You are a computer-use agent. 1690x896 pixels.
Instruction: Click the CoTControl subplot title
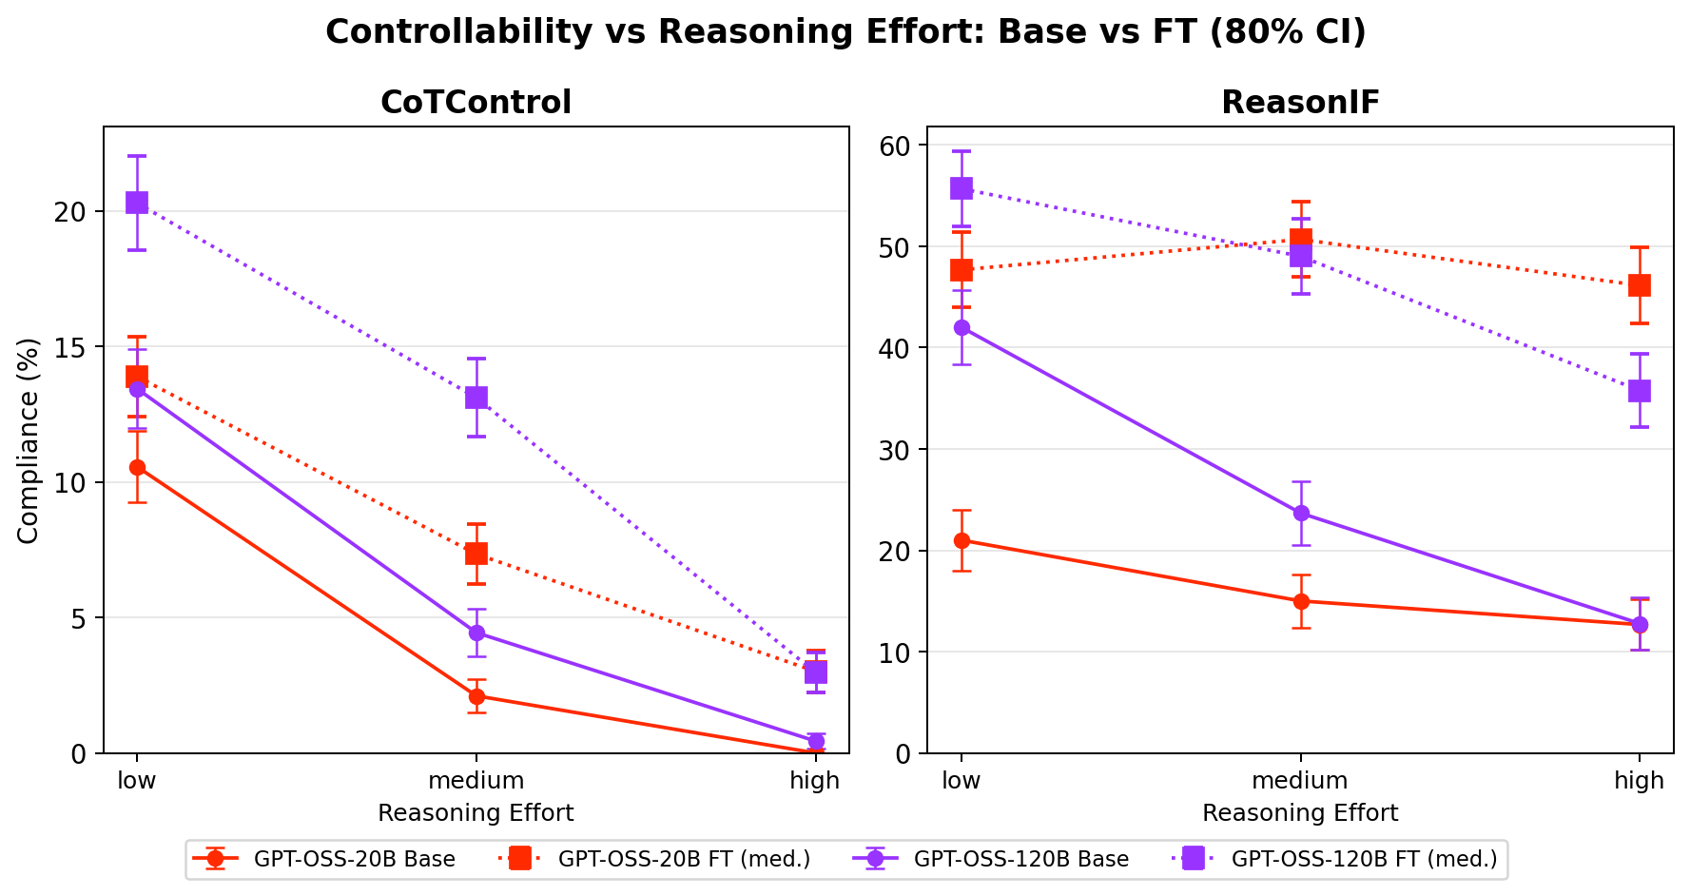[476, 103]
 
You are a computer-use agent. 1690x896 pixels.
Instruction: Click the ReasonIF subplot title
[1300, 103]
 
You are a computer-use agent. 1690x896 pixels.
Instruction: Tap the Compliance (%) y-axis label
[29, 440]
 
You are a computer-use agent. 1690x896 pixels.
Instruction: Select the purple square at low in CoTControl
[137, 203]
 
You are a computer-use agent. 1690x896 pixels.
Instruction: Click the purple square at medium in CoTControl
[476, 397]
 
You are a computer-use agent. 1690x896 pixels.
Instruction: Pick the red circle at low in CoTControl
[137, 467]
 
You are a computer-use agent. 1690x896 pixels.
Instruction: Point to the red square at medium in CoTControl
[476, 554]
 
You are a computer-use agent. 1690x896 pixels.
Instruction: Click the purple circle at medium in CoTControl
[476, 633]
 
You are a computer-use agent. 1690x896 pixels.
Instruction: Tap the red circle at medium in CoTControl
[476, 696]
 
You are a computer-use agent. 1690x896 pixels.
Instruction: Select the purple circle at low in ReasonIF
[962, 327]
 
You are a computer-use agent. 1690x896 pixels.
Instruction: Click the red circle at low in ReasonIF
[962, 540]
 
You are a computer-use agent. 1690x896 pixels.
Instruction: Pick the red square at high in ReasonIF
[1640, 285]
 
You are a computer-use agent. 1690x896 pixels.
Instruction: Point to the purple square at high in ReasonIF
[1640, 391]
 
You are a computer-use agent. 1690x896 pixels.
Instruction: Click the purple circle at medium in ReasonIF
[1301, 513]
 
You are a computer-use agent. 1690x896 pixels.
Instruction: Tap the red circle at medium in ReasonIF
[1301, 601]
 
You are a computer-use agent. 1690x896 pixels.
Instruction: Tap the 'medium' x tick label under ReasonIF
[1300, 781]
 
